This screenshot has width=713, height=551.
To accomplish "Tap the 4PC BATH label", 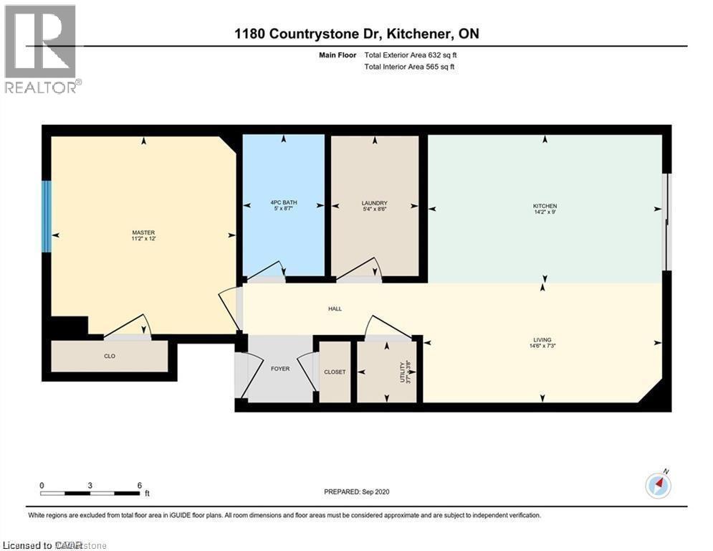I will pyautogui.click(x=284, y=203).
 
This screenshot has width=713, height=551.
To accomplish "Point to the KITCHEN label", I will pyautogui.click(x=545, y=206).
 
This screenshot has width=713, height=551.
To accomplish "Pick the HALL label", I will pyautogui.click(x=335, y=309).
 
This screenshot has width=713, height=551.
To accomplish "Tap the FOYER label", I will pyautogui.click(x=279, y=369).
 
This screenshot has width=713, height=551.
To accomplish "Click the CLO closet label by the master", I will pyautogui.click(x=110, y=356).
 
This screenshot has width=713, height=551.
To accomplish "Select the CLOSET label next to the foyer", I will pyautogui.click(x=335, y=372).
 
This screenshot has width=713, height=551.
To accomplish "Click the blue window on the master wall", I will pyautogui.click(x=47, y=216).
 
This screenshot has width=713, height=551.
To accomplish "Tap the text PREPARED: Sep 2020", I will pyautogui.click(x=356, y=491).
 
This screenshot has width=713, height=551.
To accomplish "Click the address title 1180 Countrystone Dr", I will pyautogui.click(x=356, y=34).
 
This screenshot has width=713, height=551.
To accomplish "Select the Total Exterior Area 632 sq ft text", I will pyautogui.click(x=410, y=55).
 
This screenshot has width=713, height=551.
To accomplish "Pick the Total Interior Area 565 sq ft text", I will pyautogui.click(x=409, y=67).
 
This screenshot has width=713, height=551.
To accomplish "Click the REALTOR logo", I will pyautogui.click(x=42, y=49).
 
